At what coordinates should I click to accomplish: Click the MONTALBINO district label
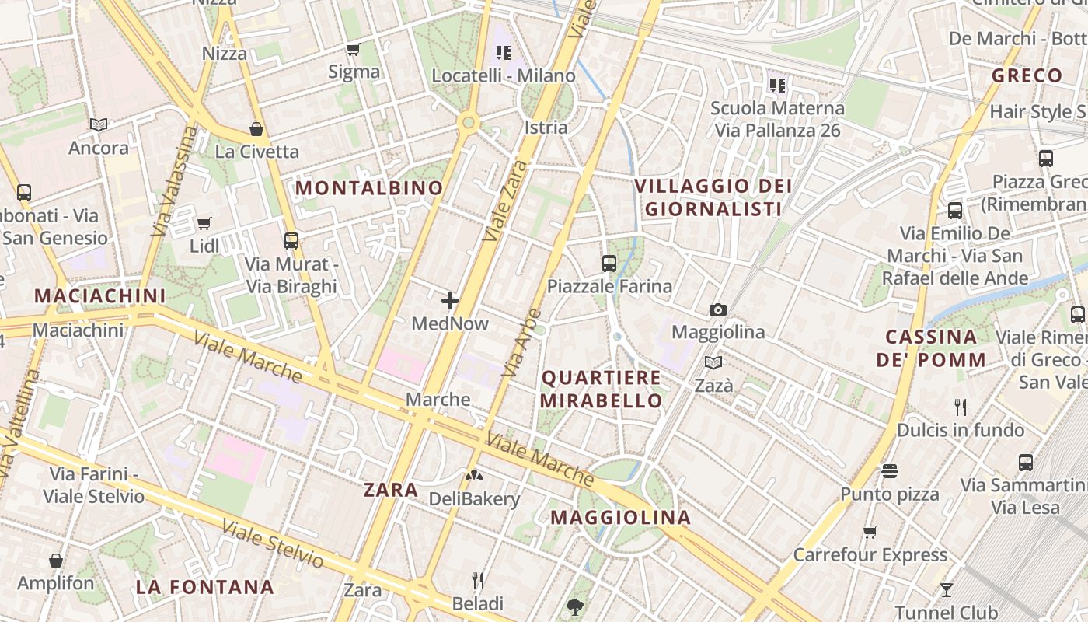369,188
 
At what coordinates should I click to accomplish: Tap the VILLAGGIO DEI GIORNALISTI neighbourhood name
713,197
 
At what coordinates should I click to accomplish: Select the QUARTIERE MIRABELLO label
602,390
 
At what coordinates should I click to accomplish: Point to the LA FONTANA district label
205,587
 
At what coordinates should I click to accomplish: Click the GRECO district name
1027,76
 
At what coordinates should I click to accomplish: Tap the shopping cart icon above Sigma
354,50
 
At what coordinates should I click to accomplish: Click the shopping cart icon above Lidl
204,224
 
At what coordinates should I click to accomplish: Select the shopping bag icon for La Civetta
256,128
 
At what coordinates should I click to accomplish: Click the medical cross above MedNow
450,301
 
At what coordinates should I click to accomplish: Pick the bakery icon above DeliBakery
473,476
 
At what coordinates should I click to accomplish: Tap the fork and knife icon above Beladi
478,581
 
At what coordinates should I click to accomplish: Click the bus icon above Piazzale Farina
609,264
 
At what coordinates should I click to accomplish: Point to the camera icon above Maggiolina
718,309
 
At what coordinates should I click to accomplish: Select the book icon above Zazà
713,362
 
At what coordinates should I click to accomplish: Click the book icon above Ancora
99,124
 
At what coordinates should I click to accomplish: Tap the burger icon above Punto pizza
890,471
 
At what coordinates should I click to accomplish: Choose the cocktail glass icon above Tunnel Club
946,589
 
